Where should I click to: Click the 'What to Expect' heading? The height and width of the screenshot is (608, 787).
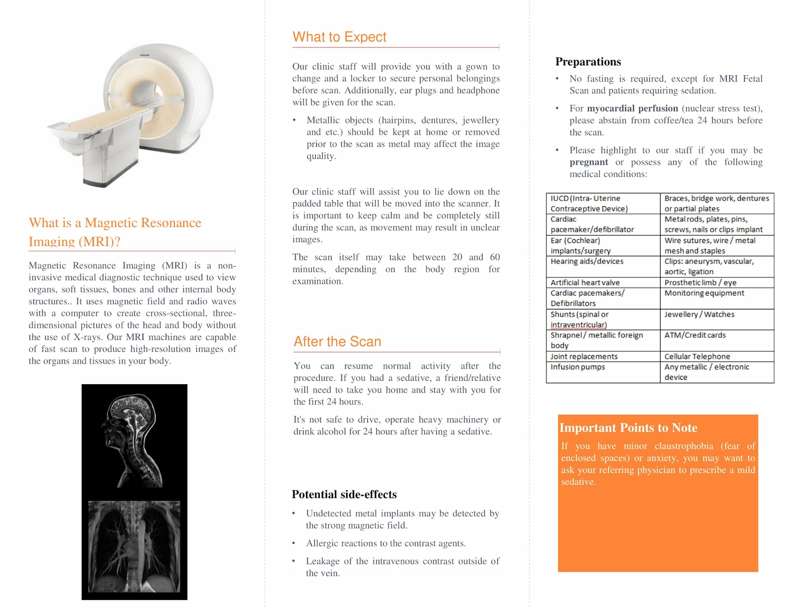point(339,37)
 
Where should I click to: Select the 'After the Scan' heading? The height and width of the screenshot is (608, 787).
point(337,341)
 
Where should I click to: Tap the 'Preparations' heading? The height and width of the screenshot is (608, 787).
point(588,61)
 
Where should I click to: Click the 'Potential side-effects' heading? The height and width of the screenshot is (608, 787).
point(344,494)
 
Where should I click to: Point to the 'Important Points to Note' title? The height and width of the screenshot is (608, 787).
point(628,427)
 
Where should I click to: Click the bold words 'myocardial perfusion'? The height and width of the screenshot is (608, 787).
point(632,108)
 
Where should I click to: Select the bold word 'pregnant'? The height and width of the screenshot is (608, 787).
point(589,162)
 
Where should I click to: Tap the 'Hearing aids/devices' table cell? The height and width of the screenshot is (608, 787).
point(587,261)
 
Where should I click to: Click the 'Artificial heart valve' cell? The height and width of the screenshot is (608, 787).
point(585,282)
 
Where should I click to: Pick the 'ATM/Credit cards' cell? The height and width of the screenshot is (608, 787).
point(695,335)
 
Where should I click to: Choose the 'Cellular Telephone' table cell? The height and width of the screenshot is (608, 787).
point(697,356)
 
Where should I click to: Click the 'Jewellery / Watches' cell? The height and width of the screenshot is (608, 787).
point(699,314)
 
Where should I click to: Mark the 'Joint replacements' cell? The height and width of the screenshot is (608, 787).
point(584,356)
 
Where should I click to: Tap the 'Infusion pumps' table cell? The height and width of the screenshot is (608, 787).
point(577,367)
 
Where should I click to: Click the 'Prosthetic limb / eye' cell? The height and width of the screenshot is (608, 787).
point(700,282)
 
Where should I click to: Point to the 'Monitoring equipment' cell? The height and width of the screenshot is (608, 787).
point(704,293)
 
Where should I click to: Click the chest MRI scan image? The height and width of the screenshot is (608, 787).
point(134,546)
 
